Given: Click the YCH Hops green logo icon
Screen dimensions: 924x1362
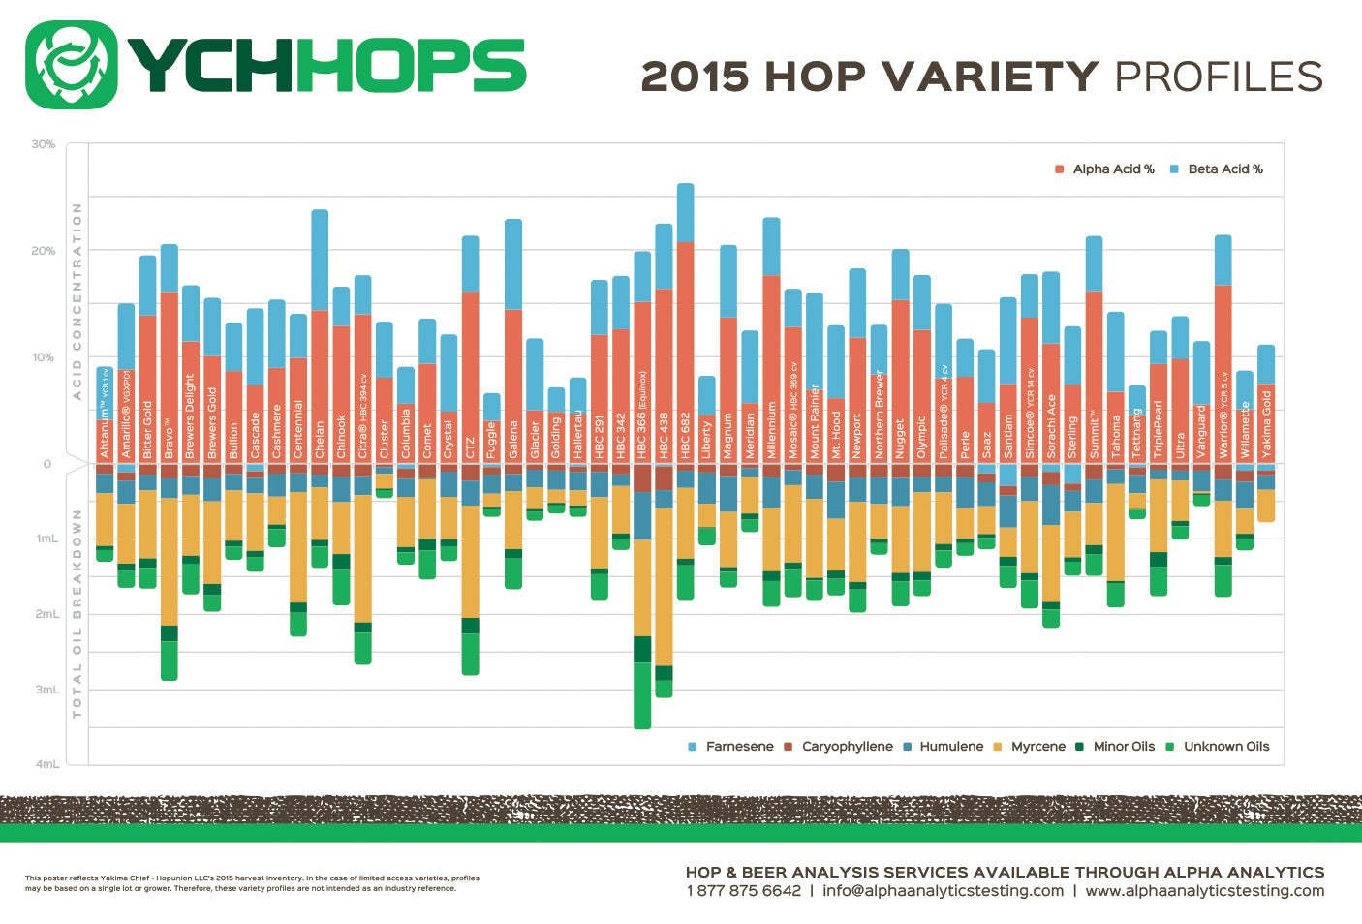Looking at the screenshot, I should (x=72, y=65).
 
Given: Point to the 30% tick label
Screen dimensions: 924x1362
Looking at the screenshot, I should (x=44, y=144).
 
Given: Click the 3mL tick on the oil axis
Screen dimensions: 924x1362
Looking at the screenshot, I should (x=47, y=690).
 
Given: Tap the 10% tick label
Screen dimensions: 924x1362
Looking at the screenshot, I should (x=44, y=357).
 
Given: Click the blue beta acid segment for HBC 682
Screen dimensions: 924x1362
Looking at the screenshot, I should (x=685, y=212).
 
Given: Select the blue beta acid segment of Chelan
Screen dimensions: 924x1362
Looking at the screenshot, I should (x=320, y=260).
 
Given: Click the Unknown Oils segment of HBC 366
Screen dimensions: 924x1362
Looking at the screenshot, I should (x=642, y=695).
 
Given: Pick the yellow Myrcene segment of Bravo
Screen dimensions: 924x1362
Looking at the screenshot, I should (x=169, y=562).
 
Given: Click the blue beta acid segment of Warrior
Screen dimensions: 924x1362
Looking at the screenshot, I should (x=1223, y=260).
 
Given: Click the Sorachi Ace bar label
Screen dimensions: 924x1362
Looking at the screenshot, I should (x=1051, y=426).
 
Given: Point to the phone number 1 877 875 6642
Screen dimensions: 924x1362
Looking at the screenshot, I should (x=743, y=890).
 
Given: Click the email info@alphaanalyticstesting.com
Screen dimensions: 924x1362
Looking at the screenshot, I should (x=943, y=890).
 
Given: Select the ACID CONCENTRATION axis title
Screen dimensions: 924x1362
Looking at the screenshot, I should (x=77, y=301).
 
